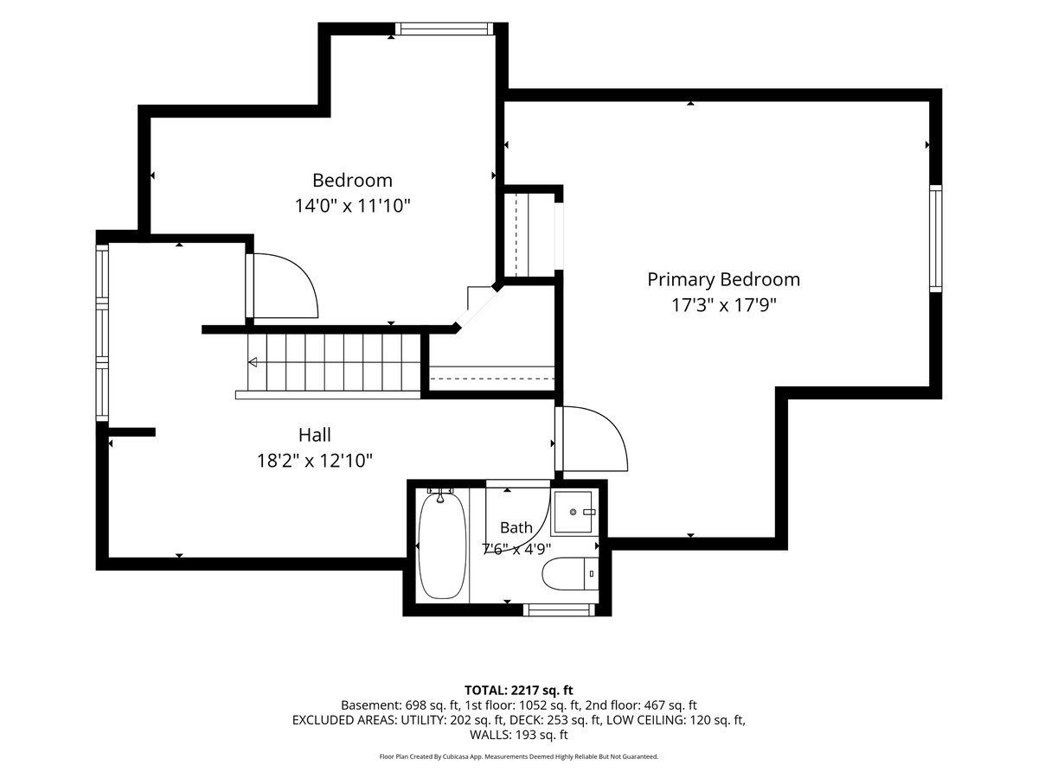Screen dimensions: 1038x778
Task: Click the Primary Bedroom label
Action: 723,279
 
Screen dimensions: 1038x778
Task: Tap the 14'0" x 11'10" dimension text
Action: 352,206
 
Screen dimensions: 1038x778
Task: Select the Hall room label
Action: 315,435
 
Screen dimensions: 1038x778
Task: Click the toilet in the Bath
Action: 570,573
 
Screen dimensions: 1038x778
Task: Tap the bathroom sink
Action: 573,513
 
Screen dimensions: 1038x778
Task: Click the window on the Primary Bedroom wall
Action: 935,239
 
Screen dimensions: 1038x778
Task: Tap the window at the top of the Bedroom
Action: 444,29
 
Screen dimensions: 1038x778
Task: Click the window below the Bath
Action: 559,609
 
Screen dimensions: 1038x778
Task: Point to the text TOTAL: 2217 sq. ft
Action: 519,691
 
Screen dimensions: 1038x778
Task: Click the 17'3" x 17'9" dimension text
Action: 724,306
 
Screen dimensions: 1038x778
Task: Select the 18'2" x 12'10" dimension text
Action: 315,461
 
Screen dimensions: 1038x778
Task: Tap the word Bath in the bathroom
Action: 516,527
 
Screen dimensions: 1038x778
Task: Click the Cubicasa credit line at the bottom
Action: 519,756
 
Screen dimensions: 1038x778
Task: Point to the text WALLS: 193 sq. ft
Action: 519,735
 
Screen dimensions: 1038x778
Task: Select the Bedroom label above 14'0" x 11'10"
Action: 352,181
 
